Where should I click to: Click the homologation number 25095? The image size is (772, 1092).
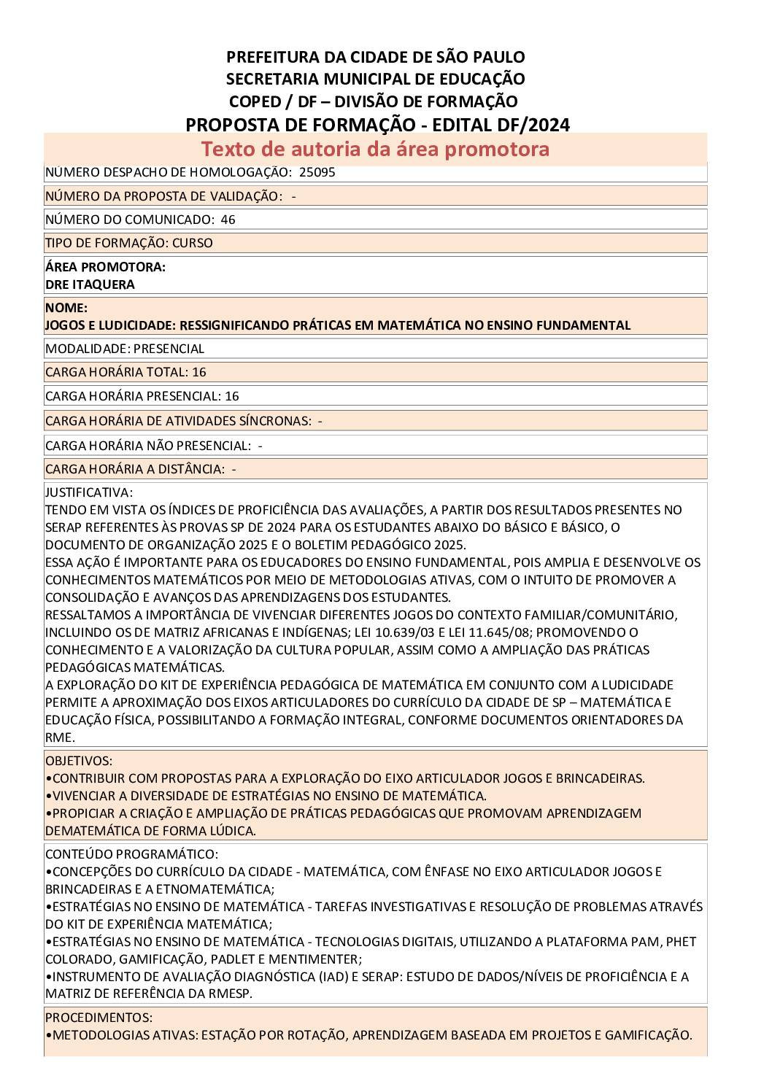pos(317,173)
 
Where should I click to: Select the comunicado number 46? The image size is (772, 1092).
pos(228,220)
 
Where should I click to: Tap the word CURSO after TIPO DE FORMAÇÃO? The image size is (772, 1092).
pos(193,243)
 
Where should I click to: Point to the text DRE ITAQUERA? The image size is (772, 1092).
pos(90,284)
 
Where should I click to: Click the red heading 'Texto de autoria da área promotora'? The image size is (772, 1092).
pos(375,149)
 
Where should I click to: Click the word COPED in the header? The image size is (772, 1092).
pos(255,101)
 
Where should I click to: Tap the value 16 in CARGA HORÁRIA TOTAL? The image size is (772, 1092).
pos(199,372)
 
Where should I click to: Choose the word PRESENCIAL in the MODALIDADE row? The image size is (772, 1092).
pos(169,349)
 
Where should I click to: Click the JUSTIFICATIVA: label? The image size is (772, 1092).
pos(89,492)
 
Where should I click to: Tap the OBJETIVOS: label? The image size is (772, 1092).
pos(79,761)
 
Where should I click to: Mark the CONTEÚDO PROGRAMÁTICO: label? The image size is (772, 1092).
pos(131,854)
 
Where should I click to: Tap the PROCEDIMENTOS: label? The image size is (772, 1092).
pos(99,1018)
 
